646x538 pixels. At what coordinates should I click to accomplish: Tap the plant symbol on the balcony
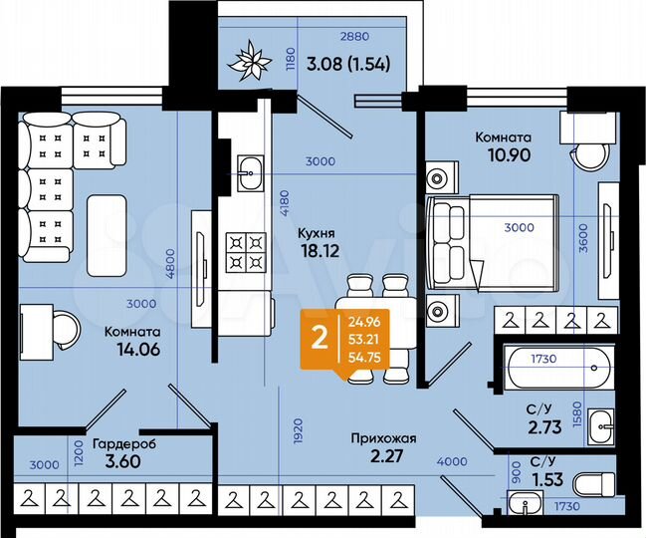click(249, 63)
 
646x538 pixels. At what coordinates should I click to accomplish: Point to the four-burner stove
click(245, 250)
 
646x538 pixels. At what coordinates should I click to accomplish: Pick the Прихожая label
click(382, 437)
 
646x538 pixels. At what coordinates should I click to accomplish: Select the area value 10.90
click(503, 155)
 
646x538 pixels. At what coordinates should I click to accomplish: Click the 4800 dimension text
click(171, 262)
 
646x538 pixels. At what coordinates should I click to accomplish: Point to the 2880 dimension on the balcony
click(356, 37)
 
